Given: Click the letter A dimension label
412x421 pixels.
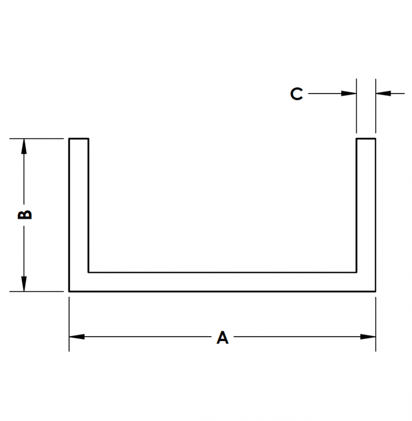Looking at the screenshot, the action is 222,337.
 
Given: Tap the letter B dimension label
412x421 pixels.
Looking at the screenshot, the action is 24,214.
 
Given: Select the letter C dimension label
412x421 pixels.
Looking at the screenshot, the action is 296,94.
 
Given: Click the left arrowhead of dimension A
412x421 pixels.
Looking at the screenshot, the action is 77,337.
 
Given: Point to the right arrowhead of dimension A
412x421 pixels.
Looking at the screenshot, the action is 368,337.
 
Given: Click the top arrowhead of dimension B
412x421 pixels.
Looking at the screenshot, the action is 24,146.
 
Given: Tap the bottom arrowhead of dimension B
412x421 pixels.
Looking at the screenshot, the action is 24,283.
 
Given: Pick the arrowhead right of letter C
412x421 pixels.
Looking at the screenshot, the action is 349,94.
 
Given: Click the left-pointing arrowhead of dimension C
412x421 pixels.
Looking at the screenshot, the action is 383,94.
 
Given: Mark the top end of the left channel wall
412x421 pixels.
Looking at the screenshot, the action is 79,139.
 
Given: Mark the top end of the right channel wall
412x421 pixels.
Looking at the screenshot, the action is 366,139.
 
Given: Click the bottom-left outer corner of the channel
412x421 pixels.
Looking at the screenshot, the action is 69,291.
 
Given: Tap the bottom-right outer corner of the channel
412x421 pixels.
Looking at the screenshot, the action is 375,291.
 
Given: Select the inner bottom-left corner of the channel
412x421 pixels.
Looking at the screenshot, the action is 88,272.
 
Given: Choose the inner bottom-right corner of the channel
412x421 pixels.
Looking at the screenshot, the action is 357,272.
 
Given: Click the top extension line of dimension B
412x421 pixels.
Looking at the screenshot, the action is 37,139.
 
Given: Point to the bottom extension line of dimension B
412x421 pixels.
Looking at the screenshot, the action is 37,291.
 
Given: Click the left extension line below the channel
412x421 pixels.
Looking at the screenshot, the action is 69,324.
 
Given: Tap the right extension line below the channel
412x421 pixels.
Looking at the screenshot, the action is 376,324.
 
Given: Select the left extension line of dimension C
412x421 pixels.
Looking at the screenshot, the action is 357,106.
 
